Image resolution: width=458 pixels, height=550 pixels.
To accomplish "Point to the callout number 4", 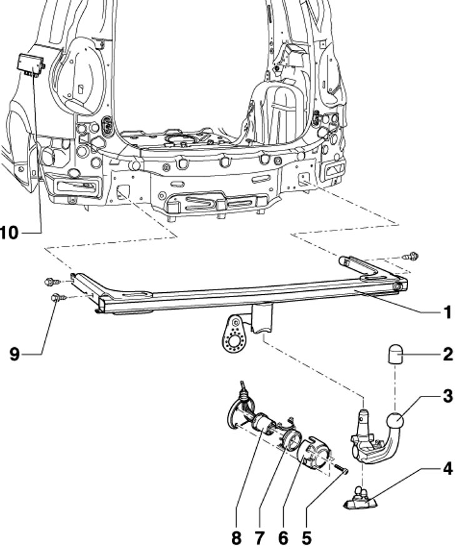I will coord(447,467).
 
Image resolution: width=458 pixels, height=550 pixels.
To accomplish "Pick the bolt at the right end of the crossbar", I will coord(413,255).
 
